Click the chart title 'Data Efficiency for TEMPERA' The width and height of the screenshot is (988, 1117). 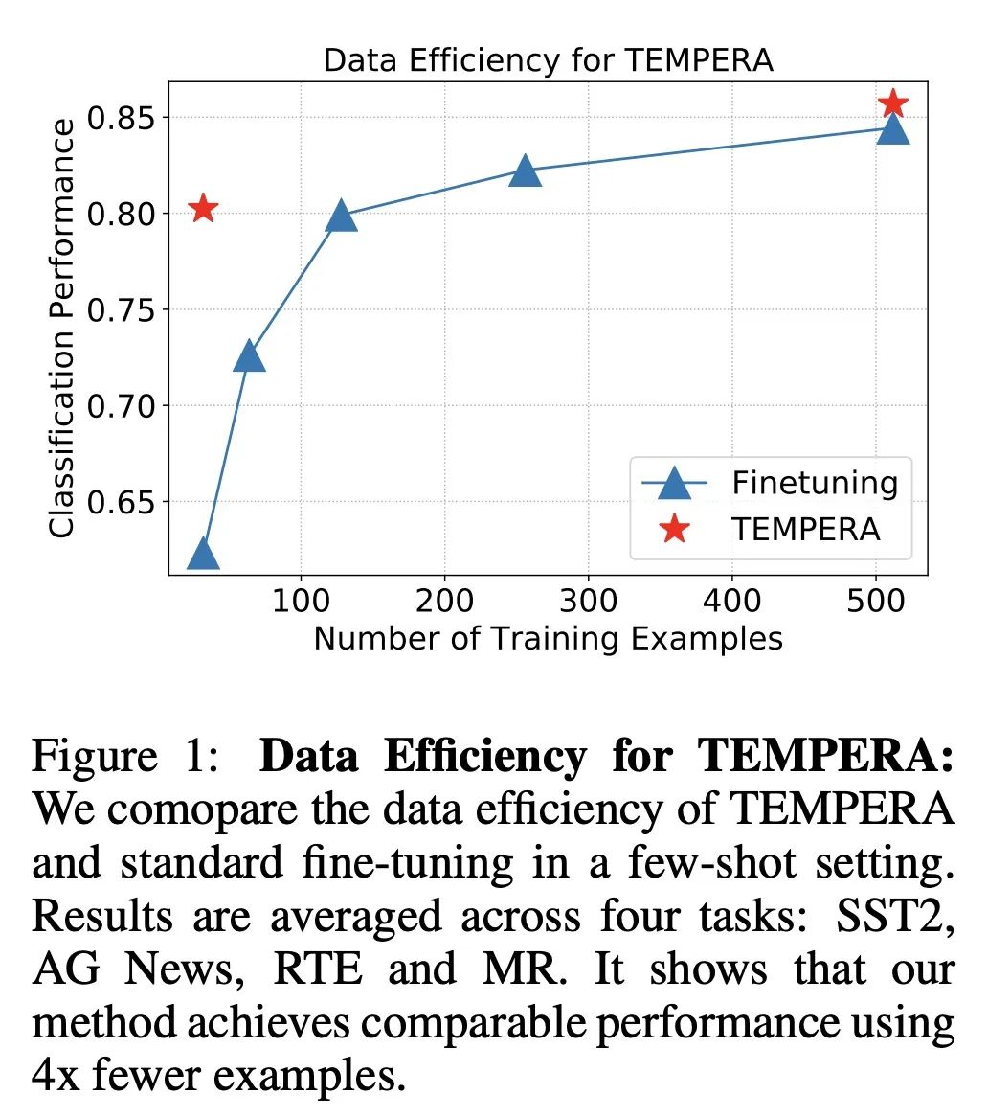548,60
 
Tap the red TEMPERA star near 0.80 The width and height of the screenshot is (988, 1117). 203,208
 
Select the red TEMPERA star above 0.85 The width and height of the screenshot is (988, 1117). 893,103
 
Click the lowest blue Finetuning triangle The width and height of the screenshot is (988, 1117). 203,554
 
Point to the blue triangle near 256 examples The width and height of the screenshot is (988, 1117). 525,171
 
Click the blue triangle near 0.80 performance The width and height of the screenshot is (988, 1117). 341,217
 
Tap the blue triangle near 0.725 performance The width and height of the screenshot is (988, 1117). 249,355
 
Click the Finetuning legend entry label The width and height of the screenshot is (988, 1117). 815,483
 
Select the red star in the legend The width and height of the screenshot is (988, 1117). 675,529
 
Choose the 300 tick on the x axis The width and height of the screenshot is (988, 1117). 588,601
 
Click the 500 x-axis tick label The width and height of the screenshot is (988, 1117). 876,601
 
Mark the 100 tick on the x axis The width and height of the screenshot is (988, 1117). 301,601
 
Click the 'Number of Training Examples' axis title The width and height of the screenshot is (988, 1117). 548,638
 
